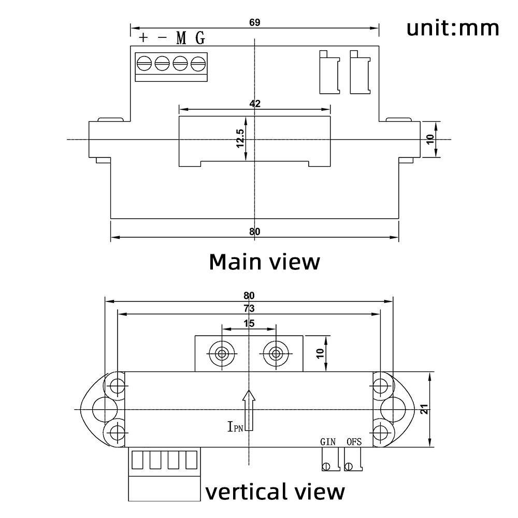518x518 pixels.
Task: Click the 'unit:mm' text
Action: pyautogui.click(x=453, y=28)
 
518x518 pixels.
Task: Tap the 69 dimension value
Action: pyautogui.click(x=254, y=22)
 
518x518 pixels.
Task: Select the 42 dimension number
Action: pyautogui.click(x=254, y=103)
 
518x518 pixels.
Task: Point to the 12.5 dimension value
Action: pyautogui.click(x=240, y=139)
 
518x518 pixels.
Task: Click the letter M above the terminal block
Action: pyautogui.click(x=181, y=38)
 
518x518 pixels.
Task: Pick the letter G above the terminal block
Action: pyautogui.click(x=200, y=38)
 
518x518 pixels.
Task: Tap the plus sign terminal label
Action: pyautogui.click(x=143, y=37)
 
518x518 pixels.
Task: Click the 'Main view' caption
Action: pyautogui.click(x=264, y=262)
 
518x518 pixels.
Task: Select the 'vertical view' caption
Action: pyautogui.click(x=275, y=491)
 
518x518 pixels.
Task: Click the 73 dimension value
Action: pyautogui.click(x=249, y=308)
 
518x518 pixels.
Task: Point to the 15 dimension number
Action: pyautogui.click(x=249, y=323)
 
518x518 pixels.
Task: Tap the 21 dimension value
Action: pyautogui.click(x=424, y=409)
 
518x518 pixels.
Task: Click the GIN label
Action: pyautogui.click(x=327, y=442)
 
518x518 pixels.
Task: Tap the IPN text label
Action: pyautogui.click(x=234, y=426)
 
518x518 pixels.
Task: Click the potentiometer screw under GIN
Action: pyautogui.click(x=326, y=466)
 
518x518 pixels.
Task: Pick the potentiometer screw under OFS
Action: pyautogui.click(x=351, y=466)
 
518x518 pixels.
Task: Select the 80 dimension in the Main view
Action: pyautogui.click(x=254, y=232)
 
